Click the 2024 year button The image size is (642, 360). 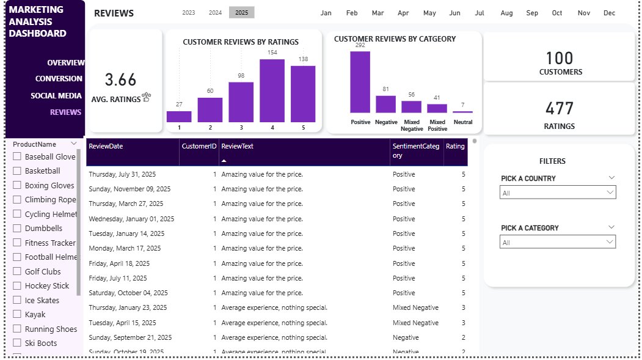[215, 13]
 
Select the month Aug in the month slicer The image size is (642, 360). [506, 13]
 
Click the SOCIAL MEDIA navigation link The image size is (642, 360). [56, 96]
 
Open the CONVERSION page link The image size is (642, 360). [59, 79]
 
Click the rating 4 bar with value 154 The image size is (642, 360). [272, 90]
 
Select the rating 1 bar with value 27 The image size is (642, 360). [179, 116]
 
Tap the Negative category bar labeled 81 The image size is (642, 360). [385, 104]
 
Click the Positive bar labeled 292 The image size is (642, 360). [360, 82]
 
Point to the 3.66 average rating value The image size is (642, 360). [120, 80]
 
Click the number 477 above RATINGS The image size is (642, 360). [560, 109]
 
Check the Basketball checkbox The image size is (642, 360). [17, 171]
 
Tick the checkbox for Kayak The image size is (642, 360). [17, 315]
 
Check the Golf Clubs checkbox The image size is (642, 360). [17, 271]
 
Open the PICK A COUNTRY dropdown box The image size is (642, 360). [558, 193]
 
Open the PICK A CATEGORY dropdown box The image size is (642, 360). [558, 242]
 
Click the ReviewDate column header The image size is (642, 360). [106, 147]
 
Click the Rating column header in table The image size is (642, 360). [455, 147]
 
